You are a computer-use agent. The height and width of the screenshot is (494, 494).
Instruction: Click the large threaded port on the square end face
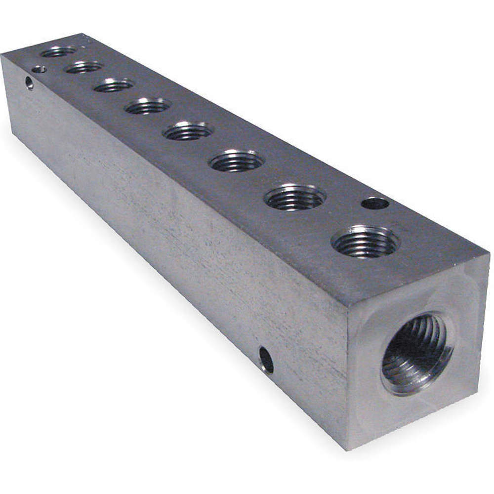click(416, 353)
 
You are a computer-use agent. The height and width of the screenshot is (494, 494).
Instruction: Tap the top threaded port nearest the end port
click(366, 241)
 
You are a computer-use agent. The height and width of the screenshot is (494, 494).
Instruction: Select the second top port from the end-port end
click(295, 197)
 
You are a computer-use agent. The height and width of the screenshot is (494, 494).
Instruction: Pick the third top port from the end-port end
click(238, 161)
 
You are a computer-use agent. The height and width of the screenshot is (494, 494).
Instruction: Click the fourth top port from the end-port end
click(188, 131)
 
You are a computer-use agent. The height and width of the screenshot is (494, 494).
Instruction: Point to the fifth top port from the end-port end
click(148, 105)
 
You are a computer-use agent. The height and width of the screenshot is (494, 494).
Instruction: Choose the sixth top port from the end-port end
click(114, 85)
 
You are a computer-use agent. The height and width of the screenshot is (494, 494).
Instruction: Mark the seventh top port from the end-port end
click(84, 67)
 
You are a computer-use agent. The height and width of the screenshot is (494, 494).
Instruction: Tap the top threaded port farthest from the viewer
click(59, 51)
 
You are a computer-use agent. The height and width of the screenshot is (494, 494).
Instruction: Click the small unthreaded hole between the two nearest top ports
click(375, 203)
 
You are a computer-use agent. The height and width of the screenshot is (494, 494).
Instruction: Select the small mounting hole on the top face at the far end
click(39, 69)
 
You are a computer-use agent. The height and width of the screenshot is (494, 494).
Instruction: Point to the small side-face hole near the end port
click(266, 360)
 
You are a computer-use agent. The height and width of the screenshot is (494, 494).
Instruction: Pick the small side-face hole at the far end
click(30, 82)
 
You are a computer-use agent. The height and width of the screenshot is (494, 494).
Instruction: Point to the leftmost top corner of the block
click(1, 56)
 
